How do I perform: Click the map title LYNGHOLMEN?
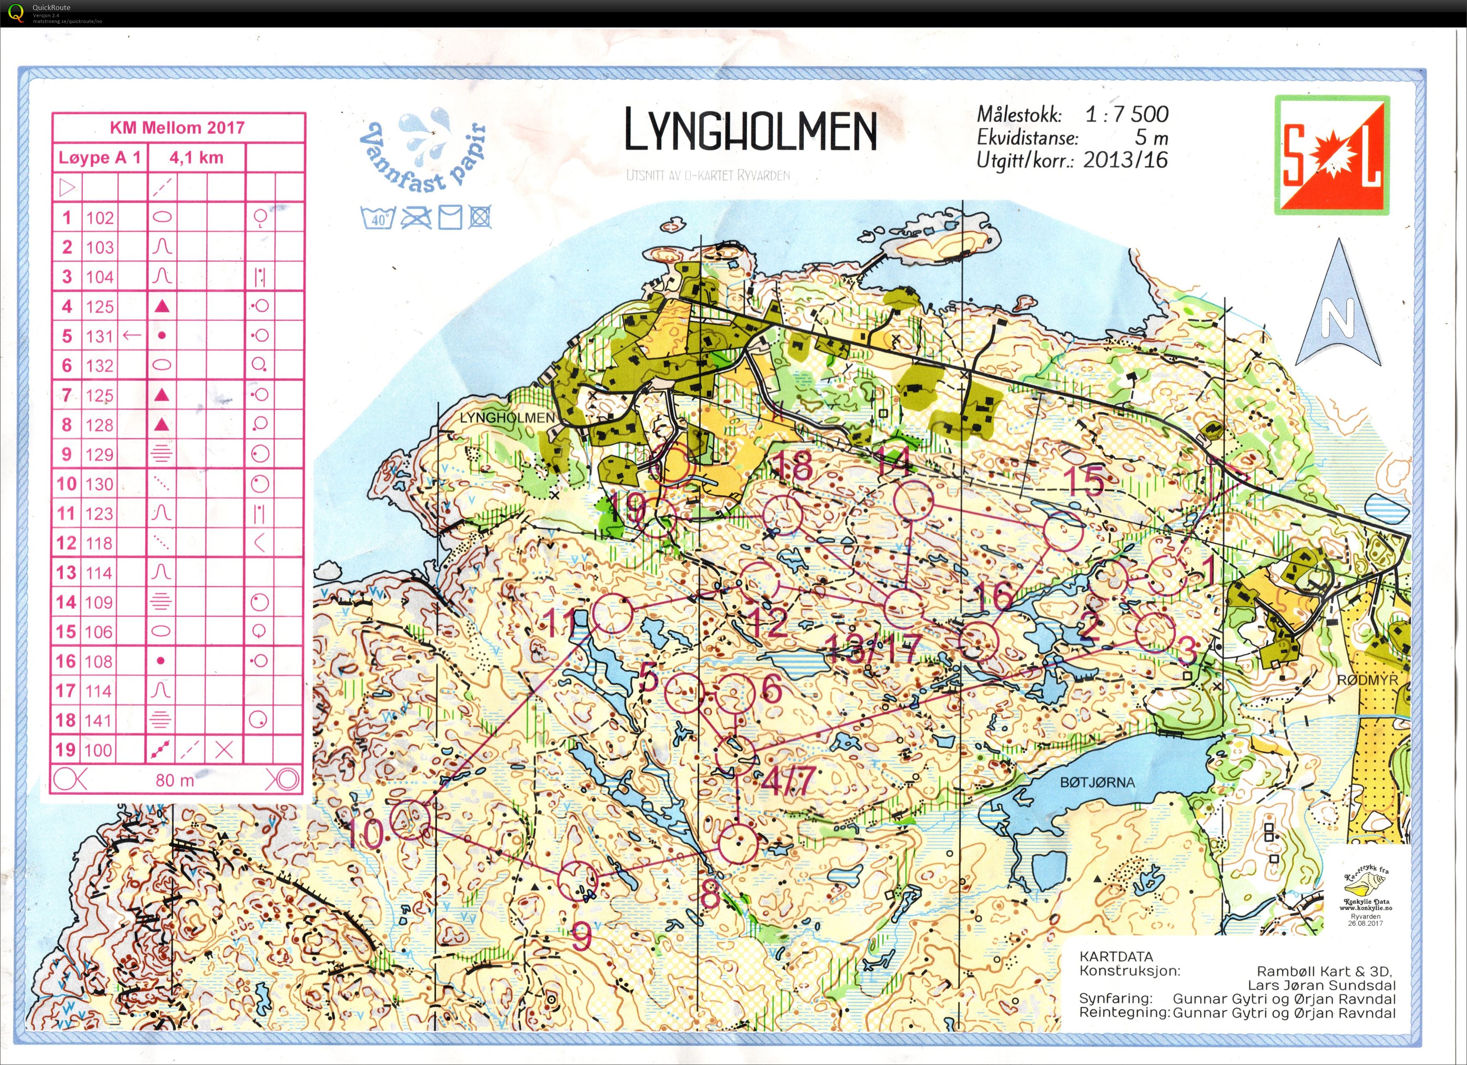tap(750, 130)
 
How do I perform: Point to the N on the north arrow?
tap(1337, 317)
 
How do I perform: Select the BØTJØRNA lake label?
tap(1097, 782)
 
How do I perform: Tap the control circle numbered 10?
tap(410, 819)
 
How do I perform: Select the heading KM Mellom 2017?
tap(177, 127)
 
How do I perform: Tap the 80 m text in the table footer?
tap(175, 780)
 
